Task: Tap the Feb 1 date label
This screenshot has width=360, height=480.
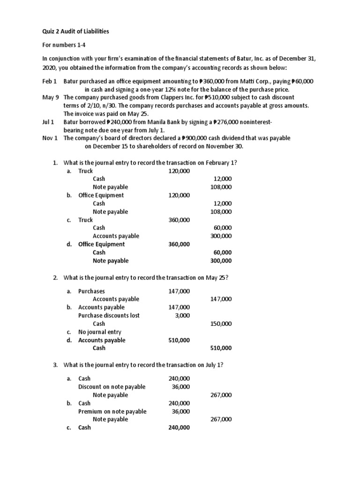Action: coord(49,82)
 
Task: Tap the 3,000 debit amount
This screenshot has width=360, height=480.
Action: coord(182,315)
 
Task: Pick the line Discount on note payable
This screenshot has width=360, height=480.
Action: coord(112,387)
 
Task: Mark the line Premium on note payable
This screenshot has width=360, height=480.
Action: coord(112,411)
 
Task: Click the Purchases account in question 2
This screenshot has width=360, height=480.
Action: coord(91,291)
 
